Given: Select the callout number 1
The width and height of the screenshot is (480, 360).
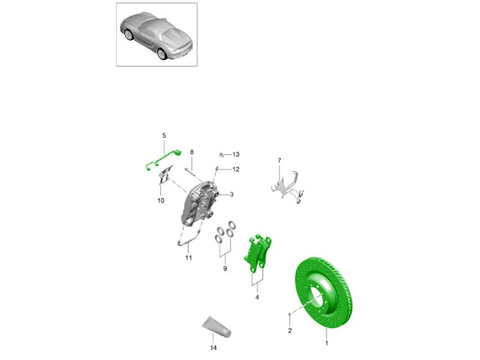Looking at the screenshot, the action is click(x=326, y=343).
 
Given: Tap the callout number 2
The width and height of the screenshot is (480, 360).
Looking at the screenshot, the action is click(x=290, y=331).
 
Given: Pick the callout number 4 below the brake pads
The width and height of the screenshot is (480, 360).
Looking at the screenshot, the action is click(x=257, y=297).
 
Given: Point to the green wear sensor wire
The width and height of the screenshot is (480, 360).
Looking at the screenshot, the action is click(x=162, y=160).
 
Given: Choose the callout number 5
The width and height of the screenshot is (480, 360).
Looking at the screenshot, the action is click(x=164, y=136).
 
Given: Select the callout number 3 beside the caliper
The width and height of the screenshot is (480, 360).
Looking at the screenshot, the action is click(x=232, y=194).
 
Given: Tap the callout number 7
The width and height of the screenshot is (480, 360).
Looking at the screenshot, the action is click(x=279, y=160).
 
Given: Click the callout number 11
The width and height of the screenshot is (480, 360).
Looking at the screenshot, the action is click(x=188, y=258).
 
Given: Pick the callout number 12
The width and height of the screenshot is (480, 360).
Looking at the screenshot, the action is click(x=236, y=169).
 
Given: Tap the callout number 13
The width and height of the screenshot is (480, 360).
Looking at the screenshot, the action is click(x=236, y=154).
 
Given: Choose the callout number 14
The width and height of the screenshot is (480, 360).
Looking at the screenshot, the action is click(x=214, y=348).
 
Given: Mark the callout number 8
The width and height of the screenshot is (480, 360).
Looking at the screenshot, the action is click(x=192, y=152).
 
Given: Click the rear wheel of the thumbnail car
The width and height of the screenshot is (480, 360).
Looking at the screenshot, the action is click(x=161, y=53).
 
